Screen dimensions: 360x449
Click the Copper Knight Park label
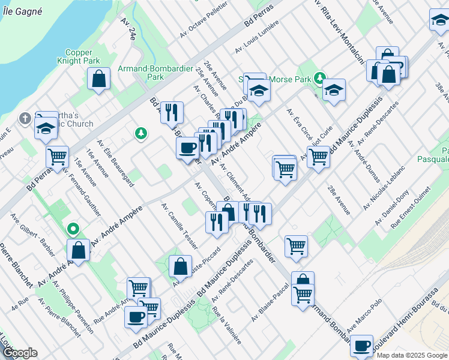[x=79, y=56]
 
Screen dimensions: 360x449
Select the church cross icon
[x=25, y=118]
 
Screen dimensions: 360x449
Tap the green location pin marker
[x=73, y=229]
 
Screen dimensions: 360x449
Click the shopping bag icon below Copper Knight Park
[x=99, y=79]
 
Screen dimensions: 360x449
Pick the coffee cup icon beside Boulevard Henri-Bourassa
[x=361, y=346]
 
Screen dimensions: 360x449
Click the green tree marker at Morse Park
[x=321, y=77]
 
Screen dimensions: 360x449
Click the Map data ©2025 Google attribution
[x=411, y=355]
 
